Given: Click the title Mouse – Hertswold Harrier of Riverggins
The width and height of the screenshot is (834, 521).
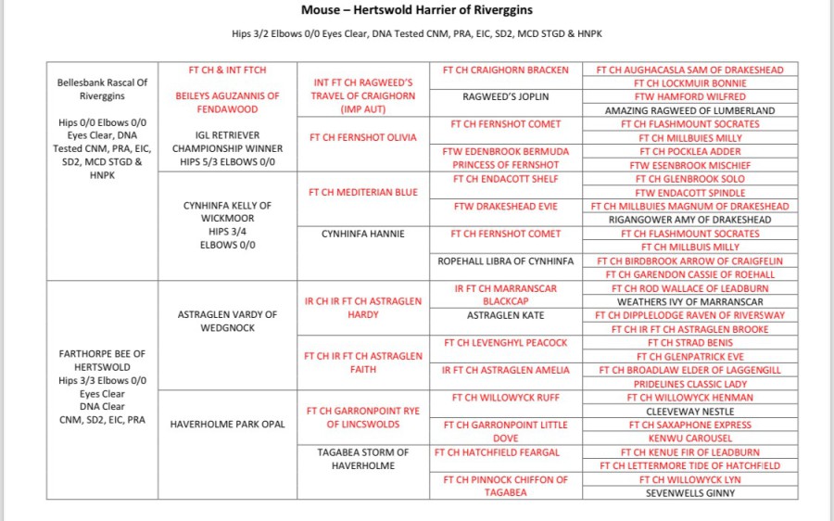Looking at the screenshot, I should pos(416,10).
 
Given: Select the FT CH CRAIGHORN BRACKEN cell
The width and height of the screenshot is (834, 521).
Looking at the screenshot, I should pos(505,70).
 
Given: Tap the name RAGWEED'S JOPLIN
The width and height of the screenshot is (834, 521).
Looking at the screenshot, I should pos(505,96).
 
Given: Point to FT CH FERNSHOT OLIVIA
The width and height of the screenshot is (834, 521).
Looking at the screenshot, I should pos(362,137).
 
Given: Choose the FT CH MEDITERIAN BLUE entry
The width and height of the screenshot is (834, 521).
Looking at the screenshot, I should pos(362,192).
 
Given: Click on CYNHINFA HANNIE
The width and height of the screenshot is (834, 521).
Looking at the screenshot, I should pos(362,234).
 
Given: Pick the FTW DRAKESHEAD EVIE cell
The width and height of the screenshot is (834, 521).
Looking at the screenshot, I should pos(505,207).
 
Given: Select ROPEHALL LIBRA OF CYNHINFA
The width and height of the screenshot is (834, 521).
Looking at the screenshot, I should pos(505,261).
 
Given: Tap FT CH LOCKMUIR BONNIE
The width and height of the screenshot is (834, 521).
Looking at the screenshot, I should pos(689,83).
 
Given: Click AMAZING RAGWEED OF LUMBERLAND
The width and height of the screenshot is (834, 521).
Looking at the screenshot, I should pos(689,110).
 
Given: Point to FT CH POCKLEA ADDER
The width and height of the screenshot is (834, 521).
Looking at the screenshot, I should pos(689,151).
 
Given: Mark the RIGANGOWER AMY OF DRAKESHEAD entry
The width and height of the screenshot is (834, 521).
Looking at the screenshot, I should pos(689,220).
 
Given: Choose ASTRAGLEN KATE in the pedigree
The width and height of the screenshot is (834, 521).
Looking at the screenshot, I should pos(505,315).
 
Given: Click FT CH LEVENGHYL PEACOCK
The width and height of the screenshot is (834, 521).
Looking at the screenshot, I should pos(505,343).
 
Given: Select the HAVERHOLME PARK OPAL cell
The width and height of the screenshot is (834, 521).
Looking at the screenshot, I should pos(227,425).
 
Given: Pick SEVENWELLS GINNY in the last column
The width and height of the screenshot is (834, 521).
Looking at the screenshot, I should pos(689,493).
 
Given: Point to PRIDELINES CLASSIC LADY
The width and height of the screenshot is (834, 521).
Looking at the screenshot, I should pos(689,384).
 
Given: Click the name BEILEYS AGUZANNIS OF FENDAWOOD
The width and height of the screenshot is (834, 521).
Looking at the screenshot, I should pos(227,102).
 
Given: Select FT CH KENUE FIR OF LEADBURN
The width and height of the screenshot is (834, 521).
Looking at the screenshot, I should pos(689,452).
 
